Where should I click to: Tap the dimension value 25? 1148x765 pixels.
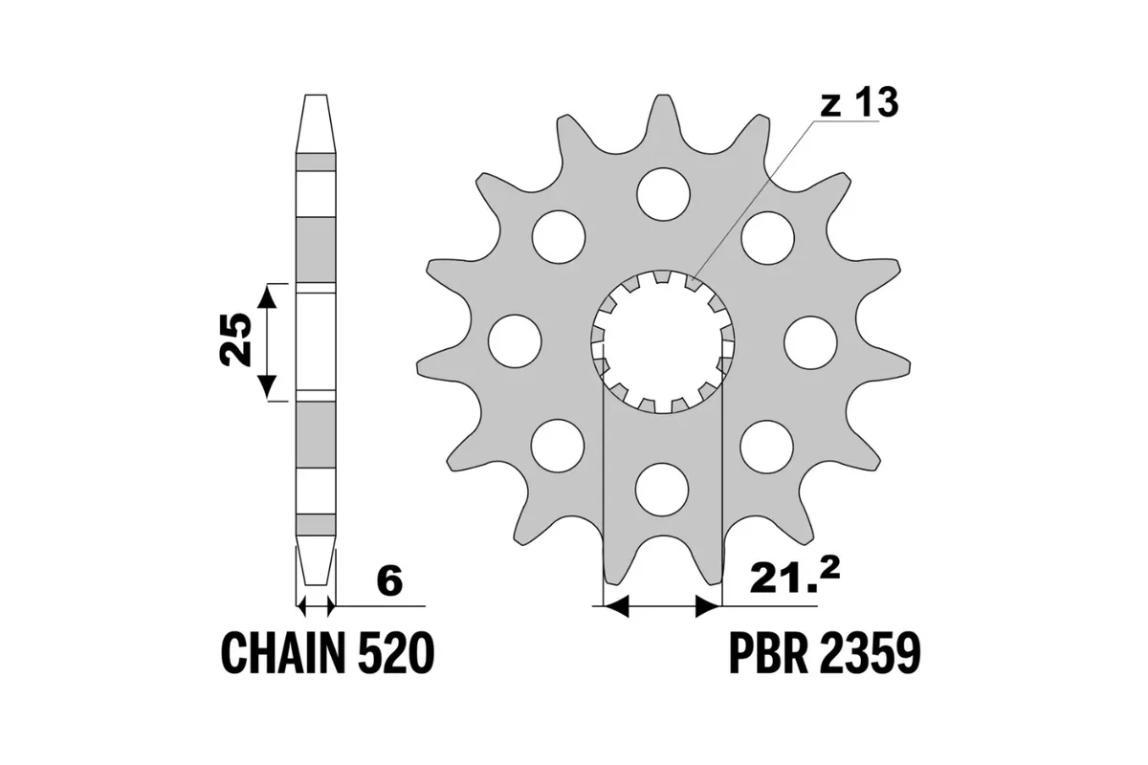click(234, 340)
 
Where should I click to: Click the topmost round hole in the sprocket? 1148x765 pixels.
click(663, 193)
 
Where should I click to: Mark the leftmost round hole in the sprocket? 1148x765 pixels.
click(515, 340)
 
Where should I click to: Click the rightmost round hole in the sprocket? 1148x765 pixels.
click(810, 340)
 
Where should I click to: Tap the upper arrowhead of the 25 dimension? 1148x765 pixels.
click(269, 296)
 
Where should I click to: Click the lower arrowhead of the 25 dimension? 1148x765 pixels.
click(269, 387)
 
